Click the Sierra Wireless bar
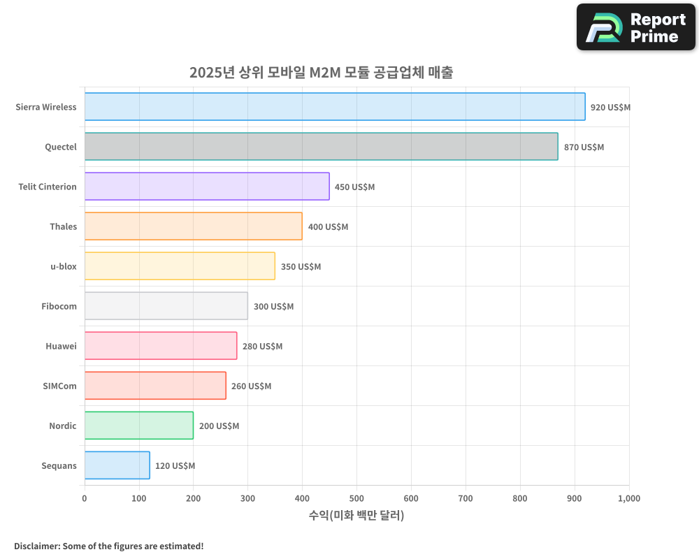pyautogui.click(x=335, y=107)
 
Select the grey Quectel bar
pyautogui.click(x=321, y=147)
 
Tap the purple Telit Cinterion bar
pyautogui.click(x=207, y=187)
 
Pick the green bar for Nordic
pyautogui.click(x=139, y=426)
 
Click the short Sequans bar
pyautogui.click(x=117, y=465)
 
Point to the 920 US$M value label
pyautogui.click(x=610, y=108)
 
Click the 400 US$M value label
pyautogui.click(x=328, y=227)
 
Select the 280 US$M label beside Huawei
pyautogui.click(x=262, y=347)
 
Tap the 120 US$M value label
pyautogui.click(x=175, y=466)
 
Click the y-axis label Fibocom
pyautogui.click(x=59, y=307)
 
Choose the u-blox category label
pyautogui.click(x=63, y=267)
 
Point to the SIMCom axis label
pyautogui.click(x=59, y=386)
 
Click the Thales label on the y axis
pyautogui.click(x=63, y=227)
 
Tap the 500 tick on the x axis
pyautogui.click(x=356, y=499)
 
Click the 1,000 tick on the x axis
pyautogui.click(x=628, y=499)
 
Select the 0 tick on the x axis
pyautogui.click(x=85, y=499)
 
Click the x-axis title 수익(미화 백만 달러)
pyautogui.click(x=356, y=516)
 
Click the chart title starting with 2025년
pyautogui.click(x=321, y=72)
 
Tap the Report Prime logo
pyautogui.click(x=635, y=27)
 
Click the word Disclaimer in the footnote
pyautogui.click(x=36, y=546)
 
